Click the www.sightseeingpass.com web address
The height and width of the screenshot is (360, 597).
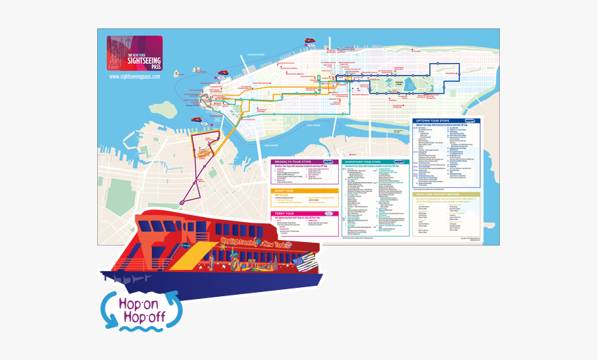[x=135, y=76]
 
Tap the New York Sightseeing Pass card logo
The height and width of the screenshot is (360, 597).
[x=134, y=53]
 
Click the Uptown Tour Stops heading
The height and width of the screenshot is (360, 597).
[x=444, y=120]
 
